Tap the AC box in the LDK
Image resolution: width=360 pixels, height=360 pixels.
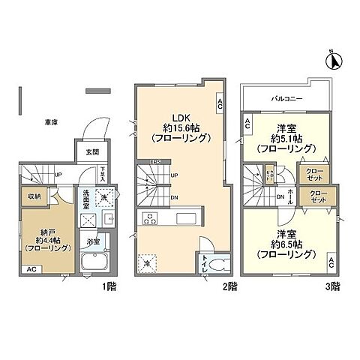(220, 105)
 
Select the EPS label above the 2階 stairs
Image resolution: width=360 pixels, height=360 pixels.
(155, 163)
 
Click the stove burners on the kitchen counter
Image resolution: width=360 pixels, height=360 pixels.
(149, 220)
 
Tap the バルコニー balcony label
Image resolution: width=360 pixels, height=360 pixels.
(282, 98)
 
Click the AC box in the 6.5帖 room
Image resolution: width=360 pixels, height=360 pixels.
(331, 262)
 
